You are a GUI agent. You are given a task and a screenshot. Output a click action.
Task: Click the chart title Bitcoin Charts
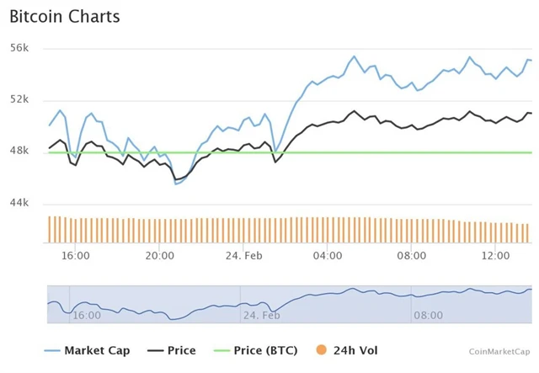tap(64, 17)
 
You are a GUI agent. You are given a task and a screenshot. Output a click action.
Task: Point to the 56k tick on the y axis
tap(19, 48)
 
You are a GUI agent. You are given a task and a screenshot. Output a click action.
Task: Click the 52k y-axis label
tap(19, 99)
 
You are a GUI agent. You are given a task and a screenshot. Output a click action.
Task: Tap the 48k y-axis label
tap(19, 151)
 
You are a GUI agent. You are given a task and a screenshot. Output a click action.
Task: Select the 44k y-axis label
tap(19, 203)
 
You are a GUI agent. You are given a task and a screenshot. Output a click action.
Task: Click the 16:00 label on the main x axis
tap(76, 255)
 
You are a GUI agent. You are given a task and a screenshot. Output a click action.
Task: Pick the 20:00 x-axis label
tap(159, 255)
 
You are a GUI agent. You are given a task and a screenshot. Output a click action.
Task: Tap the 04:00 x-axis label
tap(327, 255)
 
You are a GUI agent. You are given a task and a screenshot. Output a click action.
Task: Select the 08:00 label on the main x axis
tap(411, 255)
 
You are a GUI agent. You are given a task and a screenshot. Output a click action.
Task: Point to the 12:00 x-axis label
tap(494, 255)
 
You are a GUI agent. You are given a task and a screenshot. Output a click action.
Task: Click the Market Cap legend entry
tap(97, 351)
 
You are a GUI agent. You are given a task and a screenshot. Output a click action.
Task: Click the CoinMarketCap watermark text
tap(500, 352)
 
